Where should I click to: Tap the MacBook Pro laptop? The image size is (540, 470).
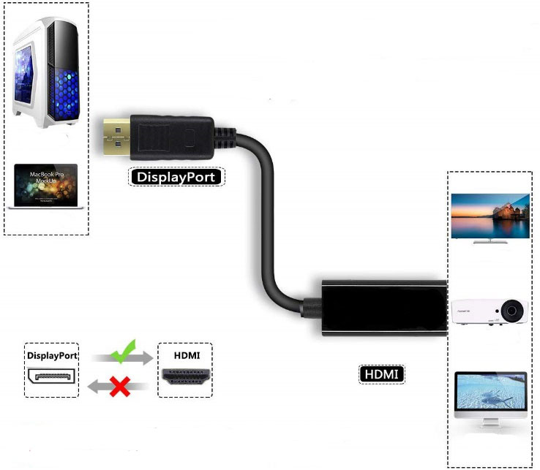coord(46,186)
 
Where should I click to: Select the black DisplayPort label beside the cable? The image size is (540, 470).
coord(176,176)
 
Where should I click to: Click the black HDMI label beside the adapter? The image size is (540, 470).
coord(382,374)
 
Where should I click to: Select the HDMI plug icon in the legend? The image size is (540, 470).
coord(185,377)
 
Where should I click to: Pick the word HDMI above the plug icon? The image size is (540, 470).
coord(185,355)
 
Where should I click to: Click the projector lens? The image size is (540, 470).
coord(513,311)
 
